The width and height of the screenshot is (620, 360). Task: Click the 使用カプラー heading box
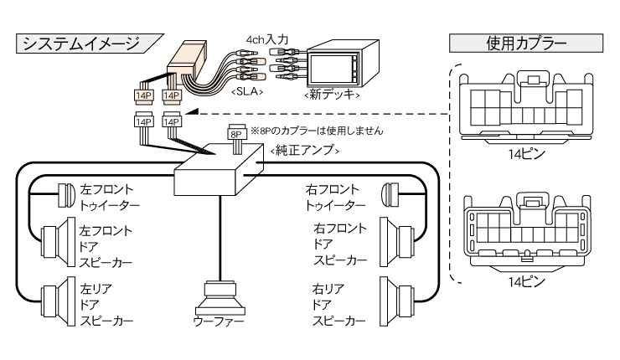[526, 42]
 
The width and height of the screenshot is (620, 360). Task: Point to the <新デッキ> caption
[333, 95]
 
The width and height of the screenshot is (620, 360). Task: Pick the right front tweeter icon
[388, 195]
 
